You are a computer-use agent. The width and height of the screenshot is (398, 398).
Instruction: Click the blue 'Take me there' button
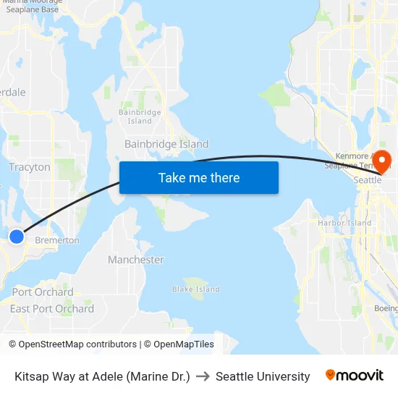[x=198, y=177]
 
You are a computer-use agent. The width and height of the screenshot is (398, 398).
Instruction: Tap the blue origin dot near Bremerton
[x=16, y=236]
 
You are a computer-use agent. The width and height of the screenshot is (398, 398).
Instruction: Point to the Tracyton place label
[x=30, y=167]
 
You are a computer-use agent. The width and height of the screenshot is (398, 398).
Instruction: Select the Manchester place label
[x=136, y=260]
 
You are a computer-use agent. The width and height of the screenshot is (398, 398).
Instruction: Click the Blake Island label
[x=195, y=289]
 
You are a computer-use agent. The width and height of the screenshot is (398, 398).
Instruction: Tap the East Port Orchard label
[x=52, y=309]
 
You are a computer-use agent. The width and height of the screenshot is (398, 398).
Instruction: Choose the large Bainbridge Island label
[x=166, y=144]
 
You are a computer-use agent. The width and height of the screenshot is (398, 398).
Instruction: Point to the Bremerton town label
[x=57, y=240]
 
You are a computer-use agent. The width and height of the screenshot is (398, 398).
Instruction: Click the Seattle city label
[x=367, y=180]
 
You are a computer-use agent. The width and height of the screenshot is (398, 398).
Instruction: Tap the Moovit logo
[x=354, y=376]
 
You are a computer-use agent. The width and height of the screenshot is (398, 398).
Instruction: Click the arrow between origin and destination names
[x=203, y=376]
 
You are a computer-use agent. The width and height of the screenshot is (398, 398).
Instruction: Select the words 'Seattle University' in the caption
[x=263, y=376]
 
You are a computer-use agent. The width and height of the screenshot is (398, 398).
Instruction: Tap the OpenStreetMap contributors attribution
[x=72, y=344]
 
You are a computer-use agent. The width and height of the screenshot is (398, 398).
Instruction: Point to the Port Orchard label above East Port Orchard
[x=43, y=292]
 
